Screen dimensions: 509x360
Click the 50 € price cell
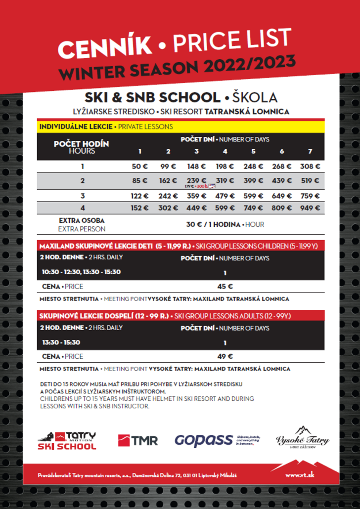click(x=140, y=167)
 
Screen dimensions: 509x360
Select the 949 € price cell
click(x=310, y=208)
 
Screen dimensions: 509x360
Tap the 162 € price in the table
click(x=168, y=180)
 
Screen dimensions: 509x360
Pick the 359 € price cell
click(x=197, y=196)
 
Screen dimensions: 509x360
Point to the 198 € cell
click(x=225, y=167)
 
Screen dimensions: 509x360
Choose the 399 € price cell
click(x=253, y=180)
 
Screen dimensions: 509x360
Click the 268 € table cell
click(x=282, y=167)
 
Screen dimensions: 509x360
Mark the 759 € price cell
click(x=310, y=196)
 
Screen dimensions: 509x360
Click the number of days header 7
click(x=310, y=151)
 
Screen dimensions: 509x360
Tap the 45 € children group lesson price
click(x=225, y=286)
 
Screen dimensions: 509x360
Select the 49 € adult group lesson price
click(x=225, y=356)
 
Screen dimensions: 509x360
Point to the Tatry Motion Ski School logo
click(x=67, y=440)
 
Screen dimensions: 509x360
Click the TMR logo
click(x=138, y=440)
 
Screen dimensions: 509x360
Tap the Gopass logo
click(x=204, y=440)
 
